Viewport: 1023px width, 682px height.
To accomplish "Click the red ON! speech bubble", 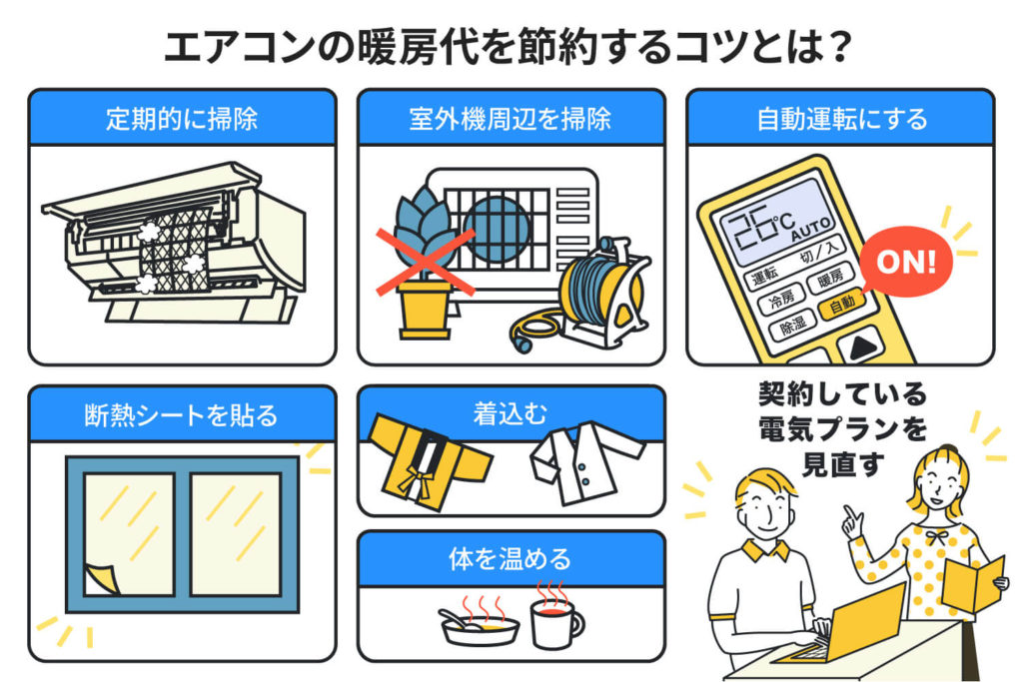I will (x=904, y=263).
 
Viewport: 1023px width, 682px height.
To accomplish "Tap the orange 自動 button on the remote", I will (x=841, y=302).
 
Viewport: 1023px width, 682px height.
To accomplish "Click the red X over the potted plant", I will (x=424, y=262).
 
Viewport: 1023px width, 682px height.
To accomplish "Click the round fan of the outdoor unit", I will (x=497, y=228).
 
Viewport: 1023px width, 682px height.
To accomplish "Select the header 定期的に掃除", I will (x=182, y=119).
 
